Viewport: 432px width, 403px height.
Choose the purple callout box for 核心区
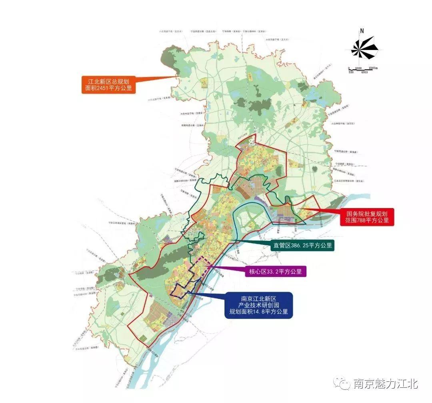click(275, 271)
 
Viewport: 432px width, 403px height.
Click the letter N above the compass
click(362, 31)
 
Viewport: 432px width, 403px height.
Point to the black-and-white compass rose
click(364, 48)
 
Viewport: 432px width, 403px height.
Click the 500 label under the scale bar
click(351, 72)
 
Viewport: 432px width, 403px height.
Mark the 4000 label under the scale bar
click(364, 72)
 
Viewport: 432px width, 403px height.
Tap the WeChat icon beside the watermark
click(343, 383)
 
